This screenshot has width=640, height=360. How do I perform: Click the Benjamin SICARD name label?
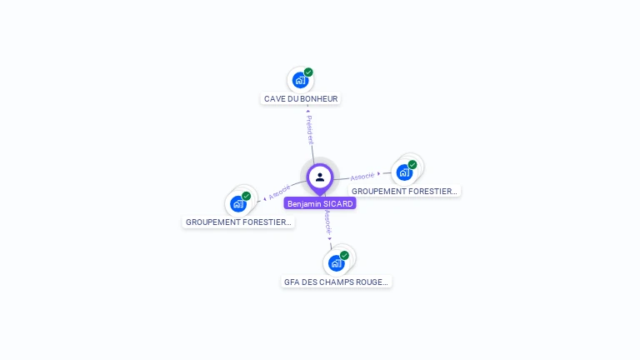pos(320,203)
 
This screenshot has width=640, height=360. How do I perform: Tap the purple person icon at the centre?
pos(320,177)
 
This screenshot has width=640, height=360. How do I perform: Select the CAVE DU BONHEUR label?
pos(301,98)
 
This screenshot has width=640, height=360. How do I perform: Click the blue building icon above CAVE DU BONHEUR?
pos(300,81)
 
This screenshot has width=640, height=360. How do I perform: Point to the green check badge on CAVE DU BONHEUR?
pos(308,72)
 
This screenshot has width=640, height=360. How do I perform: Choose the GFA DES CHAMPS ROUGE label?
pos(336,282)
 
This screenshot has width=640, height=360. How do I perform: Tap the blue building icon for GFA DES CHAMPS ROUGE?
pos(336,263)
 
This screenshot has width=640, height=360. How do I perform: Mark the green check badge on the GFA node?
pos(344,255)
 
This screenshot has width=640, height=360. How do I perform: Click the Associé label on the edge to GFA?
pos(327,222)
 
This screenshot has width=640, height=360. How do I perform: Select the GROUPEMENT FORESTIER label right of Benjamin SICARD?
pos(404,191)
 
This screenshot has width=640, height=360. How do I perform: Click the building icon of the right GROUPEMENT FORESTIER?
pos(404,172)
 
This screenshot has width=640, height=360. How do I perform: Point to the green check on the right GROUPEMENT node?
pos(412,164)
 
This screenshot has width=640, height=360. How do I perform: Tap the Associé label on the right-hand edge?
pos(362,176)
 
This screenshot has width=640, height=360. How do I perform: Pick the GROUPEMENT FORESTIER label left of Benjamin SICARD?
pos(238,222)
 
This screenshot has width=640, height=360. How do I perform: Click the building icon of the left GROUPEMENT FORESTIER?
pos(238,204)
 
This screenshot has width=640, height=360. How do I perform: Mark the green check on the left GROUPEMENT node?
pos(247,196)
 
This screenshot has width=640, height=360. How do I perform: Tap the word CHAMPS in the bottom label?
pos(342,282)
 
